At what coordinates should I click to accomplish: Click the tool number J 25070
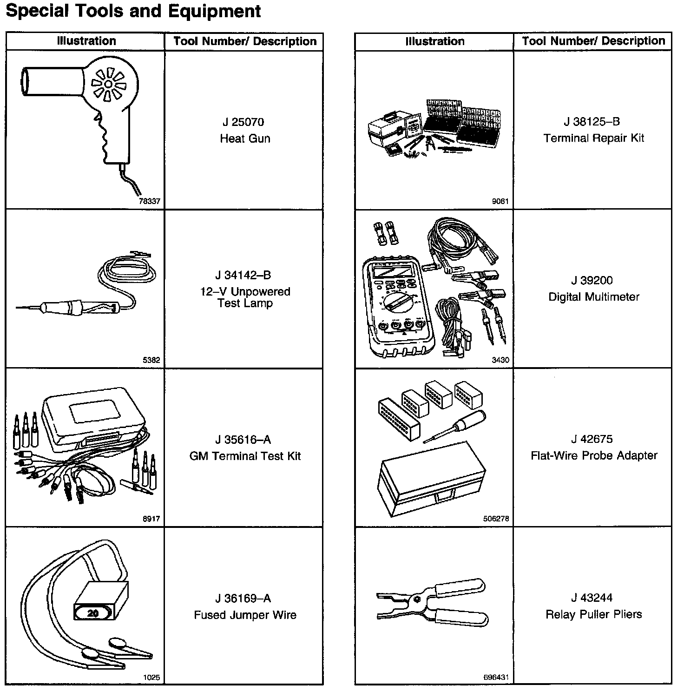point(243,122)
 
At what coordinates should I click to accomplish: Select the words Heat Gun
point(245,138)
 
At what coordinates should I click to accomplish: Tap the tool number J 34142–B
point(243,275)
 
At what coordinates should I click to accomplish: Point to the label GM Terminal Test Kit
point(245,456)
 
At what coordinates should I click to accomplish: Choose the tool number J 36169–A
point(243,599)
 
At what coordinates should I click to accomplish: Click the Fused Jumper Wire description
point(245,615)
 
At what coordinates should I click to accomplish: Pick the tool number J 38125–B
point(592,122)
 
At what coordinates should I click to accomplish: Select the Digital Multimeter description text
point(594,296)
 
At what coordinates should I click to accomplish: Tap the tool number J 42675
point(592,439)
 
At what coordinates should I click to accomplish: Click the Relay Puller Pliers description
point(594,614)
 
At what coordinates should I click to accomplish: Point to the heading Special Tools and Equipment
point(133,11)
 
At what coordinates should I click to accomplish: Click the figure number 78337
point(150,201)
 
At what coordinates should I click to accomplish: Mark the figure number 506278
point(496,519)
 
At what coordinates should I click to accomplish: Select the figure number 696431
point(496,678)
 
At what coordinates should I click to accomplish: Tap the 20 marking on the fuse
point(93,613)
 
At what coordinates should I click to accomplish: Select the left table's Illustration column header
point(86,41)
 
